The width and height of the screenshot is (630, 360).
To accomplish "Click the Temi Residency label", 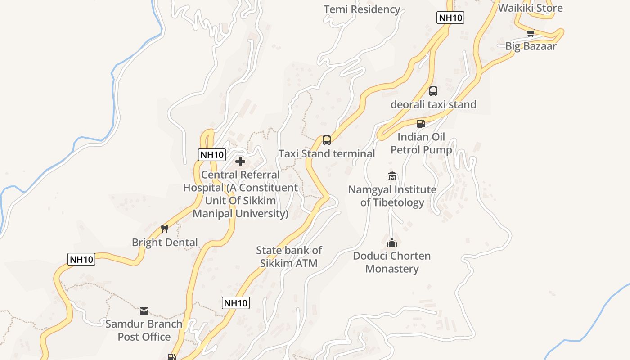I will click(362, 9).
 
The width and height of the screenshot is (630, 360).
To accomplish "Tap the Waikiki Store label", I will click(531, 8).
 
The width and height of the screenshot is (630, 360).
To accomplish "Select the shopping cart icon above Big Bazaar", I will click(531, 33).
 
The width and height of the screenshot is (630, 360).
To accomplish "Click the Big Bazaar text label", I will click(531, 46).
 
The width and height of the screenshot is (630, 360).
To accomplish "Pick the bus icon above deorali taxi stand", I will click(433, 91).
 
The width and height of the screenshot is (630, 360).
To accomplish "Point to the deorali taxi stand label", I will click(433, 104).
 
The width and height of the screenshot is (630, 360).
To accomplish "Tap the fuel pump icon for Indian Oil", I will click(421, 123).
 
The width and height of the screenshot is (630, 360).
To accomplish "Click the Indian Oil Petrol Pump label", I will click(421, 143).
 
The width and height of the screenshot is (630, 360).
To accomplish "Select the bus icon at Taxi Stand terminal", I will click(327, 140).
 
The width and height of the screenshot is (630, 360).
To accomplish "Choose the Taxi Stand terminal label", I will click(327, 153).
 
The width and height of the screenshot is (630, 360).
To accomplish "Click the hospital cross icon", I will click(240, 161).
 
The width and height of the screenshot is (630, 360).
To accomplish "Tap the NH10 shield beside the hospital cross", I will click(212, 155).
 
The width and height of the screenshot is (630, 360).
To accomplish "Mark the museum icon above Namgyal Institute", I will click(392, 176).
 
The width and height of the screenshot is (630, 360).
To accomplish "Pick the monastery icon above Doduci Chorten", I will click(392, 243).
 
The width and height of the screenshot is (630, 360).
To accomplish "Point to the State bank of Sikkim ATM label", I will click(289, 256).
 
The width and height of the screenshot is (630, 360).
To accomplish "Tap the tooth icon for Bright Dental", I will click(165, 229).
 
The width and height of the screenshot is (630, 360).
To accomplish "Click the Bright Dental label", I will click(165, 242).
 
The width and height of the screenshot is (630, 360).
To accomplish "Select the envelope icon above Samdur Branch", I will click(144, 310).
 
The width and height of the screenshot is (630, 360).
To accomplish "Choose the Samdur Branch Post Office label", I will click(144, 330).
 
